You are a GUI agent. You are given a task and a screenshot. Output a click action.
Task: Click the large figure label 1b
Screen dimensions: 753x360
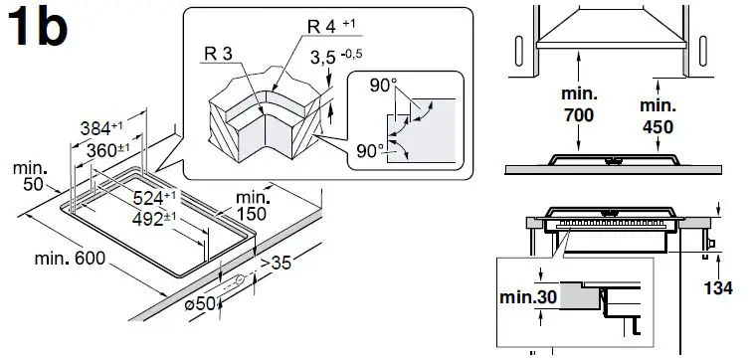38,27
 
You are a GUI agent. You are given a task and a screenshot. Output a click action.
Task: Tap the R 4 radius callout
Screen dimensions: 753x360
331,26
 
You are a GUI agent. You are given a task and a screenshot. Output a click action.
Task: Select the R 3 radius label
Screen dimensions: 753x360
218,54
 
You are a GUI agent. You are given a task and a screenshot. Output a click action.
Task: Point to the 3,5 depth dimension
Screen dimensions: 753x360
336,57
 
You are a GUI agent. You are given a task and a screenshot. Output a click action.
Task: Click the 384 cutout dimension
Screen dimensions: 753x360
101,128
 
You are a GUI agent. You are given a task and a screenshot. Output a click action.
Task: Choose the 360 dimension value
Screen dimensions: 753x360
108,150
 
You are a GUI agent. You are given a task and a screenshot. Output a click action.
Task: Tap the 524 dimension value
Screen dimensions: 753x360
154,198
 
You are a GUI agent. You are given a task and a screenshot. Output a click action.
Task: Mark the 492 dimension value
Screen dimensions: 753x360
154,219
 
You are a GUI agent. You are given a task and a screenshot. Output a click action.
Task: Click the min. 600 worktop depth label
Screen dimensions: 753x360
70,259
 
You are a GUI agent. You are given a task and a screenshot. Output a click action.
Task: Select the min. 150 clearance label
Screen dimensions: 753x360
253,206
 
